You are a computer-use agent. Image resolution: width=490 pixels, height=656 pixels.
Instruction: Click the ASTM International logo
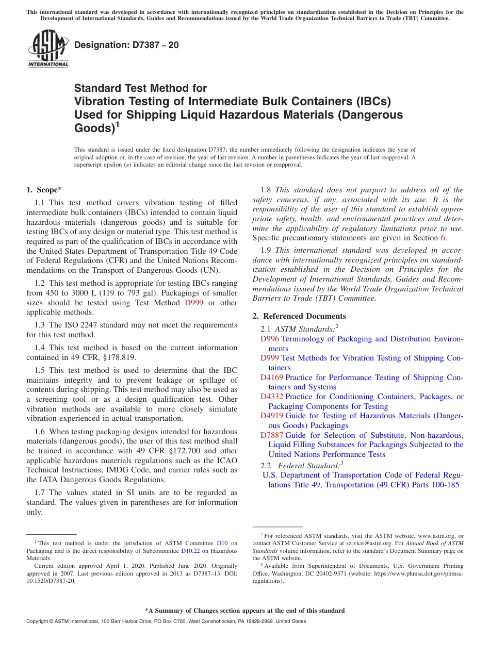(48, 48)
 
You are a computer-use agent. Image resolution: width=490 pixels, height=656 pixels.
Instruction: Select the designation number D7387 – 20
(126, 45)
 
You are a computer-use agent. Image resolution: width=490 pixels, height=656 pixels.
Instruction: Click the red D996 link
(269, 339)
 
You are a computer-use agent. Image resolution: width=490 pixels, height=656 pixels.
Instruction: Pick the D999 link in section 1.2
(194, 303)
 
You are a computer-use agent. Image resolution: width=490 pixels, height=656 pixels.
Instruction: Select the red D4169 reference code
(271, 378)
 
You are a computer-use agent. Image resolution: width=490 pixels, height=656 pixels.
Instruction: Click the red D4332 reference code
(271, 397)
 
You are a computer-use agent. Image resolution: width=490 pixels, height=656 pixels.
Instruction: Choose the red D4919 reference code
(271, 416)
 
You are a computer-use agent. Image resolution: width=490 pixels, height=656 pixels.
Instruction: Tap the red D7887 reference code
(271, 435)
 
